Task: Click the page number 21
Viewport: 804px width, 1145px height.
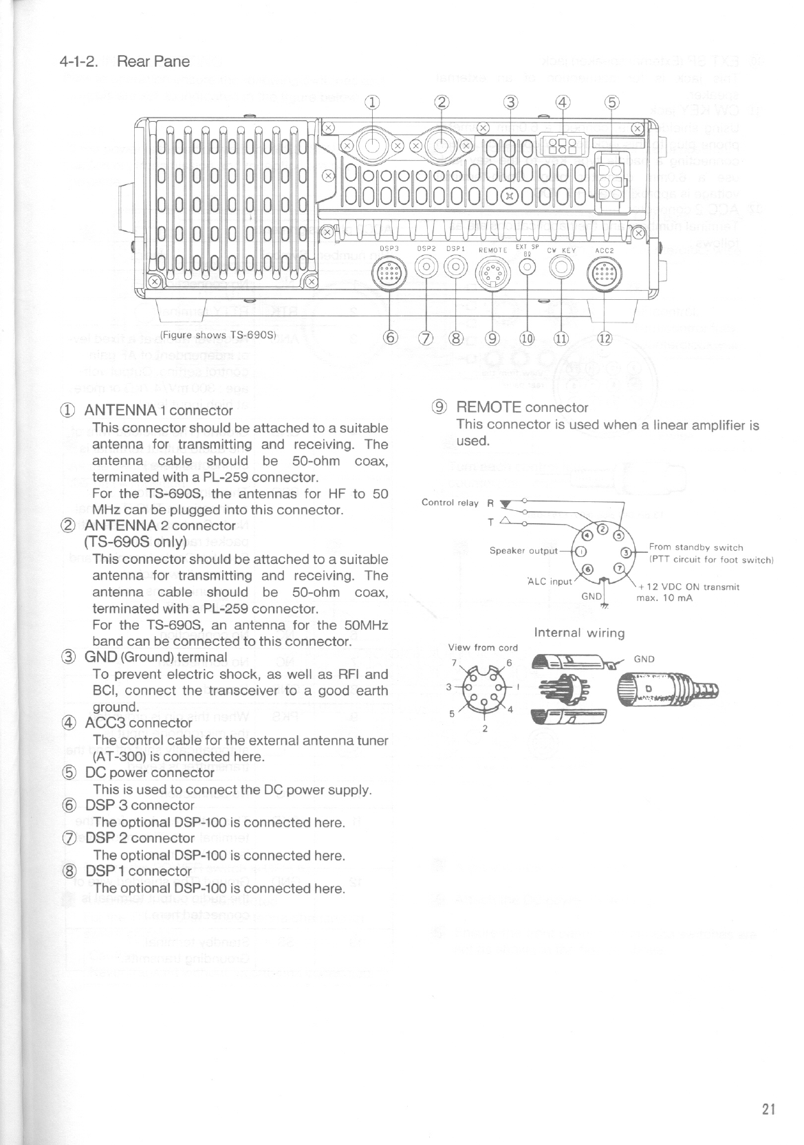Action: click(768, 1108)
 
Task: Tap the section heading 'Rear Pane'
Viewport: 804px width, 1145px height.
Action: click(153, 62)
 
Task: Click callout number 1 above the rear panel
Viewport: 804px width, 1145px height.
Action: click(372, 104)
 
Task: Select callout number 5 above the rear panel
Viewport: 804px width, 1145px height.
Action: click(611, 104)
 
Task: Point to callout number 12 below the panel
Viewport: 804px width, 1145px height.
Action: click(604, 338)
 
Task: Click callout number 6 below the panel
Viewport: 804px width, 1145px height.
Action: click(391, 338)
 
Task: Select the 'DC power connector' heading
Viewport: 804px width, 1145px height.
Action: click(149, 772)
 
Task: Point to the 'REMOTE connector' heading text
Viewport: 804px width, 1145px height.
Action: click(522, 407)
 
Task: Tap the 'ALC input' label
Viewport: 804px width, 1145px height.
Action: click(550, 581)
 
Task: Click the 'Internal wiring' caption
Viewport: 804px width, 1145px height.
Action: click(579, 633)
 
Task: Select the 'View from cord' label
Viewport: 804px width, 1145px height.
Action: click(483, 647)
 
